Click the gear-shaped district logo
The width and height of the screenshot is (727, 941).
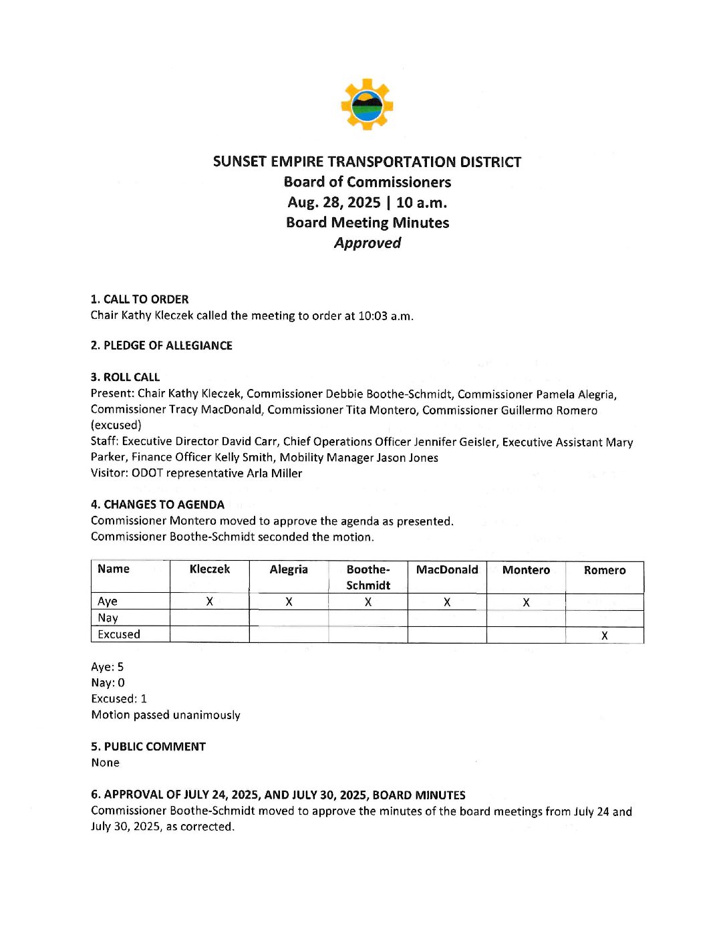pyautogui.click(x=367, y=104)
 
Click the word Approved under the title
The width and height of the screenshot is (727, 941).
pyautogui.click(x=368, y=243)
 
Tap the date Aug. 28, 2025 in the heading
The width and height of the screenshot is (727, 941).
pyautogui.click(x=334, y=203)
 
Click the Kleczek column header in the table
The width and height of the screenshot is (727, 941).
pyautogui.click(x=210, y=569)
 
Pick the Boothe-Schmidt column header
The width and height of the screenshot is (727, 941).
pyautogui.click(x=368, y=577)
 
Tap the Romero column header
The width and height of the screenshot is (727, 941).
pyautogui.click(x=605, y=570)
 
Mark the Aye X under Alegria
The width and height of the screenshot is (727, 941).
pyautogui.click(x=289, y=602)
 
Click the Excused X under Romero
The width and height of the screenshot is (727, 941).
pyautogui.click(x=605, y=636)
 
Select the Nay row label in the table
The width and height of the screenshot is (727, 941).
pyautogui.click(x=108, y=618)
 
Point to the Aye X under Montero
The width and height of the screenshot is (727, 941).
pyautogui.click(x=527, y=602)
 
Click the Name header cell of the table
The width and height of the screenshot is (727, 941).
pyautogui.click(x=114, y=569)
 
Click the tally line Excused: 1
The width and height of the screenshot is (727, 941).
pyautogui.click(x=119, y=699)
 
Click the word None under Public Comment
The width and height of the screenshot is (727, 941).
pyautogui.click(x=106, y=763)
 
